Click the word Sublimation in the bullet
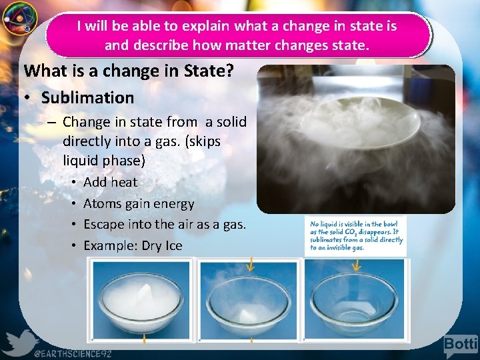pos(87,98)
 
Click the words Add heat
pos(110,182)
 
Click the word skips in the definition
pos(204,142)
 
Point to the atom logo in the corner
pos(18,19)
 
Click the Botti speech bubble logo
pos(461,345)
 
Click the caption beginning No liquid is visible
pos(357,236)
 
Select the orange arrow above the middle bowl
pos(249,266)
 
